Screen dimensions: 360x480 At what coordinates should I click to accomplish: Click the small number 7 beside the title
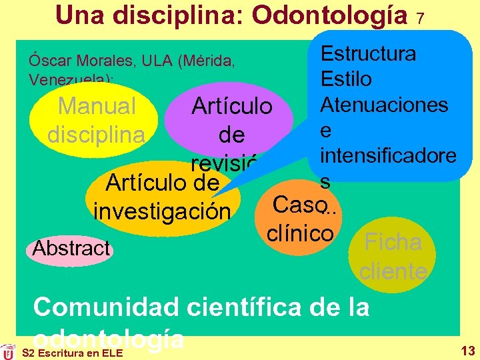pos(421,19)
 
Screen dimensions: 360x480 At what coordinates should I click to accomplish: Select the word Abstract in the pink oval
pos(71,248)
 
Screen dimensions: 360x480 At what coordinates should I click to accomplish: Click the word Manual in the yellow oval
pos(97,106)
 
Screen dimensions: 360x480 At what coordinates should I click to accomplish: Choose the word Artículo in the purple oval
pos(231,107)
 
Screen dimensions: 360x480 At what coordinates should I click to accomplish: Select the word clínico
pos(299,233)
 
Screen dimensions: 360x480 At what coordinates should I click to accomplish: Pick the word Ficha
pos(393,242)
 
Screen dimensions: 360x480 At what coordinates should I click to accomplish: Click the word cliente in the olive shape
pos(393,271)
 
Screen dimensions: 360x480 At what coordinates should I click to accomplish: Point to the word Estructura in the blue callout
pos(368,53)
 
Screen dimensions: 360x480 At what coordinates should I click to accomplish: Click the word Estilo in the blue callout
pos(346,79)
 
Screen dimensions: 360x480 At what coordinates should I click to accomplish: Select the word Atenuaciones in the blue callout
pos(384,105)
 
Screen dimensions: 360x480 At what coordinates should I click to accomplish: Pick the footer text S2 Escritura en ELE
pos(63,352)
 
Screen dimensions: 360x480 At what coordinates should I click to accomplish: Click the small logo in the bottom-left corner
pos(8,351)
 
